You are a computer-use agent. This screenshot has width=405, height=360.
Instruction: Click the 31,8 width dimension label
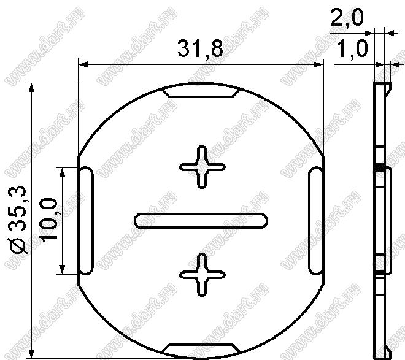[200, 48]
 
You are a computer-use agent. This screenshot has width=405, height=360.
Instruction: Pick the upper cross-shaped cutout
[202, 167]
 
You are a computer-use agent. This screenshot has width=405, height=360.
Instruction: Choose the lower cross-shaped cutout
[202, 275]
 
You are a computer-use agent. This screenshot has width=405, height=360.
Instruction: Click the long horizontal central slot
[201, 221]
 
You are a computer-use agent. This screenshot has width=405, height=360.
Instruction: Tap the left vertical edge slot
[86, 221]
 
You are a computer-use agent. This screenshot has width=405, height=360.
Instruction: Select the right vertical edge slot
[315, 221]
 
